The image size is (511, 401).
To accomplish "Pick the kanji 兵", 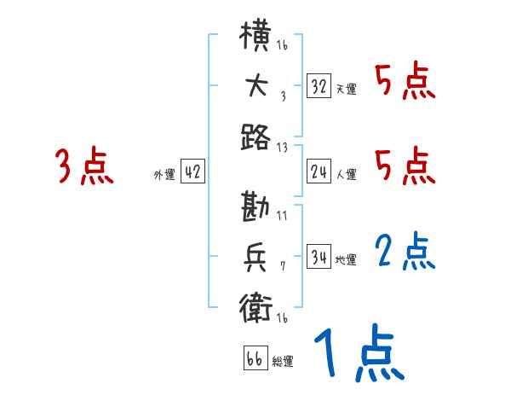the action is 256,256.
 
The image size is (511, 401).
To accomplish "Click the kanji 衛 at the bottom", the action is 256,305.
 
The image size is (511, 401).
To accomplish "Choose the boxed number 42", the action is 192,172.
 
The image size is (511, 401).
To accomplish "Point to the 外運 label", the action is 164,175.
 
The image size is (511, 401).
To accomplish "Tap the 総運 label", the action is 283,362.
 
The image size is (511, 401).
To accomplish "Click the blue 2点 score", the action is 405,253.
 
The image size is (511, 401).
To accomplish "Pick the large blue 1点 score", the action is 358,354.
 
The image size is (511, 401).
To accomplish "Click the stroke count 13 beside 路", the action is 282,147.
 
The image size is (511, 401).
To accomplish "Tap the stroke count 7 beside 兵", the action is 282,266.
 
